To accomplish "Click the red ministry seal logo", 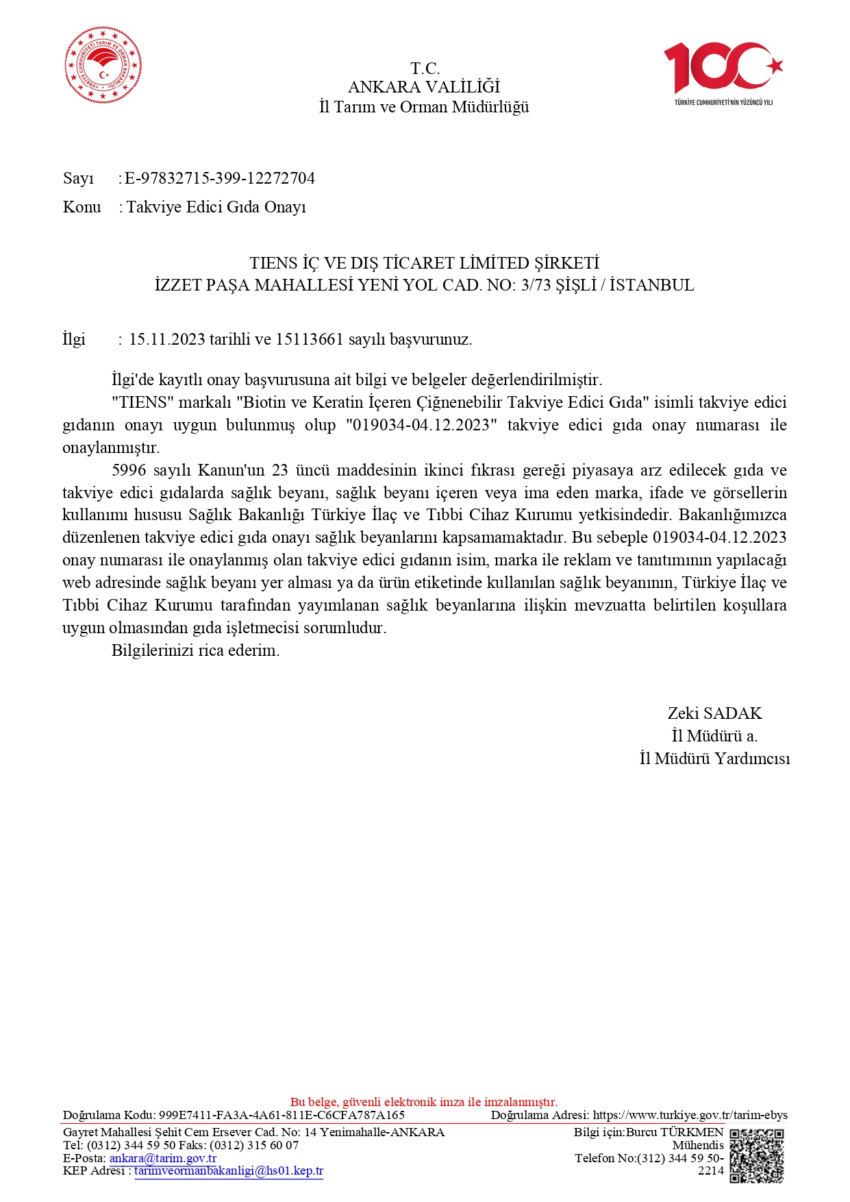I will tap(103, 65).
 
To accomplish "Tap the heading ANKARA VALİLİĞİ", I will tap(424, 87).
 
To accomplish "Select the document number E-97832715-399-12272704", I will tap(220, 178).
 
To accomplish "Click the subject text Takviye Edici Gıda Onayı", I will tap(216, 207).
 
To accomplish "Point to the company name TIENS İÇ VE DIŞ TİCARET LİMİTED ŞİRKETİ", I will tap(424, 263).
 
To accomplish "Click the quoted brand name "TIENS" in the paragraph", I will tap(142, 402).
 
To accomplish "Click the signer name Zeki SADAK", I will tap(714, 713).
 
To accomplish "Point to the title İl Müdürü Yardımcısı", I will tap(714, 759).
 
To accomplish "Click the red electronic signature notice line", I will tap(424, 1102).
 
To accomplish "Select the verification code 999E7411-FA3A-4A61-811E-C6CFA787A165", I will tap(282, 1115).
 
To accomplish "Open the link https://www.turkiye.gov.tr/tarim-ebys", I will tap(690, 1115).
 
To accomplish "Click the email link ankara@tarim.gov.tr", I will tap(163, 1158).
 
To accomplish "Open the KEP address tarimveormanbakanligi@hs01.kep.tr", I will tap(229, 1170).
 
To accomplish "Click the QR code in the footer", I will tap(756, 1155).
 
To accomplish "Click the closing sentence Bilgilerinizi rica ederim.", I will tap(195, 650).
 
